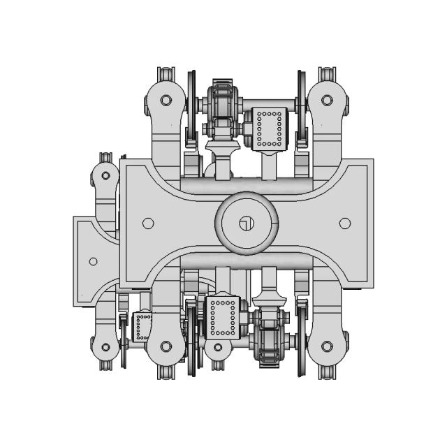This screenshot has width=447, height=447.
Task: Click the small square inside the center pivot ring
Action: tap(244, 223)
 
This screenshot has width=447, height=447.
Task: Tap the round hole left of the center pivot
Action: tap(147, 223)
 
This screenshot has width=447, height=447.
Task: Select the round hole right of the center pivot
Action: tap(344, 223)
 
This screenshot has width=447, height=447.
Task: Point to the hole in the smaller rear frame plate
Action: tap(93, 261)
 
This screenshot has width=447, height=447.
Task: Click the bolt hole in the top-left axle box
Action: tap(166, 100)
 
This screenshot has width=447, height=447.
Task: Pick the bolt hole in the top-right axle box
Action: tap(326, 100)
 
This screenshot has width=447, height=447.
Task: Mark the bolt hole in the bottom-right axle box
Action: tap(326, 346)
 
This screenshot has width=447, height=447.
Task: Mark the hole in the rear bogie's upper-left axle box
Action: tap(105, 175)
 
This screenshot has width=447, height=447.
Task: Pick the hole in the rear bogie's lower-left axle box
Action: tap(105, 347)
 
